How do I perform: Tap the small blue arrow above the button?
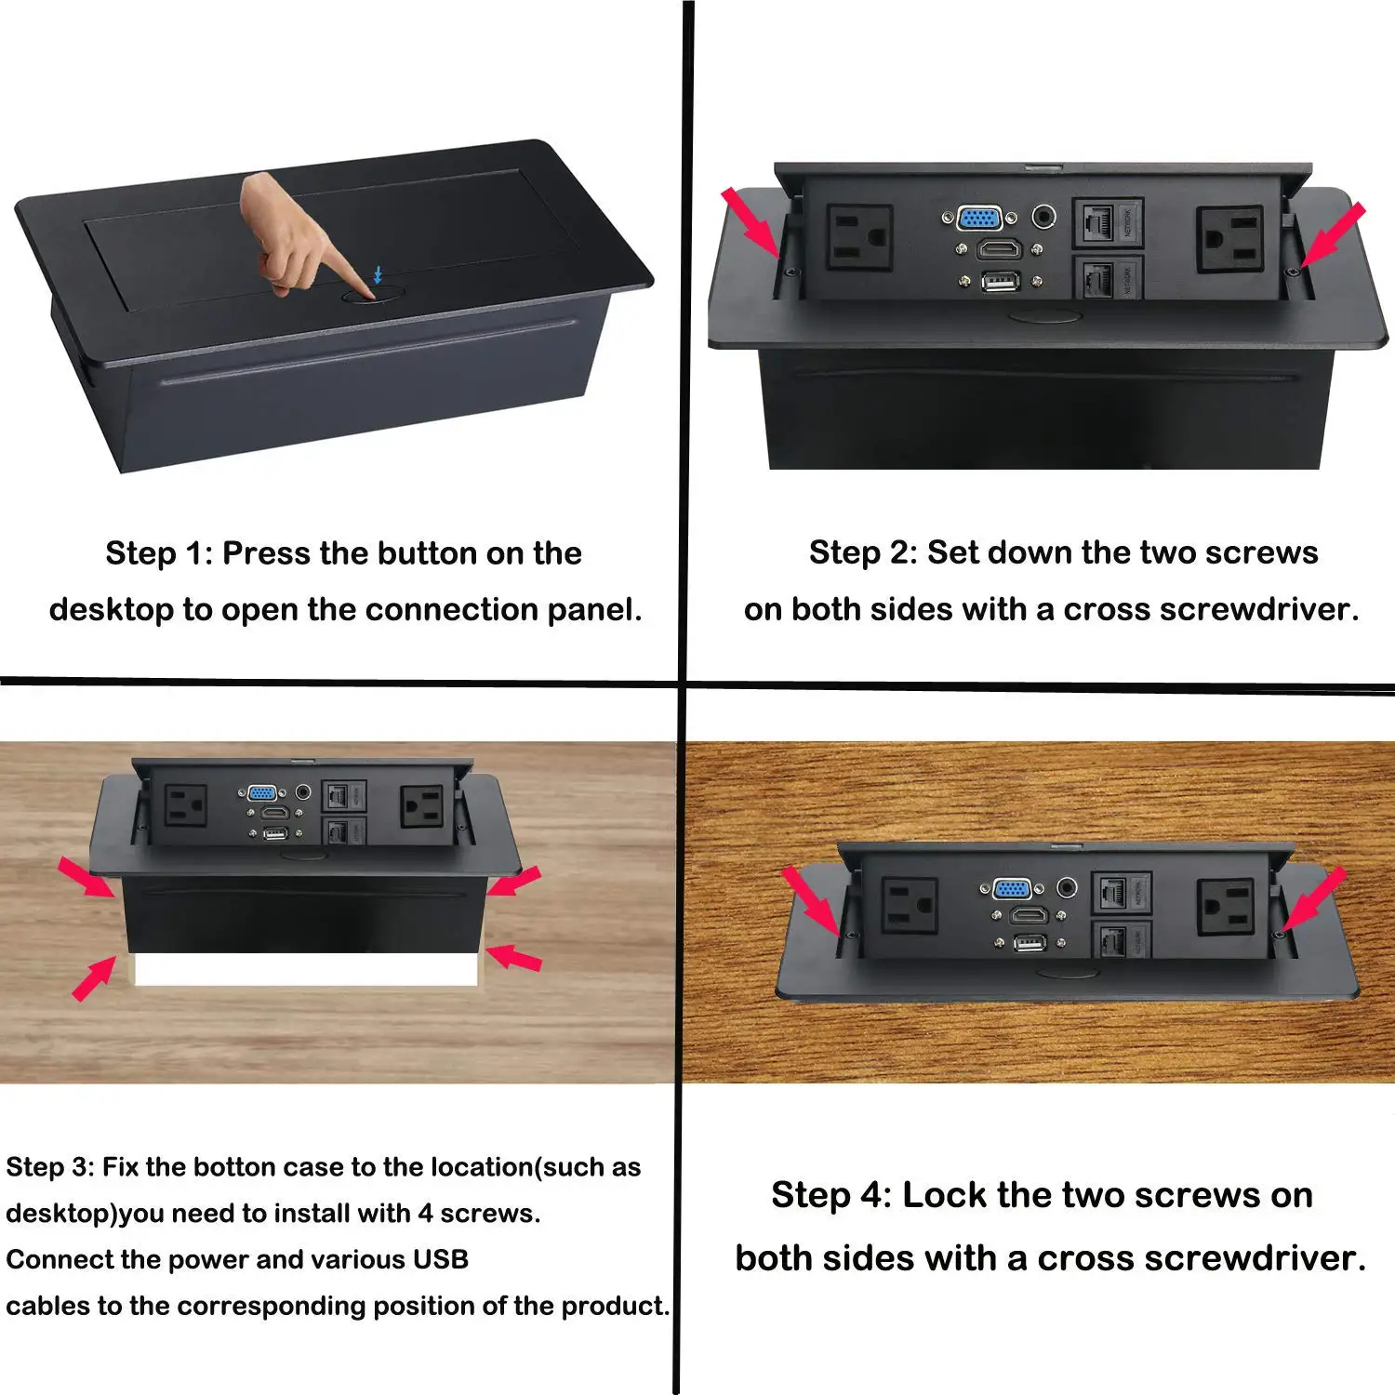point(378,274)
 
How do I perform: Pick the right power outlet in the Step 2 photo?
point(1229,238)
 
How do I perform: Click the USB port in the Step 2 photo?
point(1000,281)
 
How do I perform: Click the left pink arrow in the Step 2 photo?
point(751,221)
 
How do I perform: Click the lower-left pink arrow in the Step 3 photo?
point(94,980)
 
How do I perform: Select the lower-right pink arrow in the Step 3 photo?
point(513,957)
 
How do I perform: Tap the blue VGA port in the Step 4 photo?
point(1012,888)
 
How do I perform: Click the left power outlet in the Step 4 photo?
point(909,905)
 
